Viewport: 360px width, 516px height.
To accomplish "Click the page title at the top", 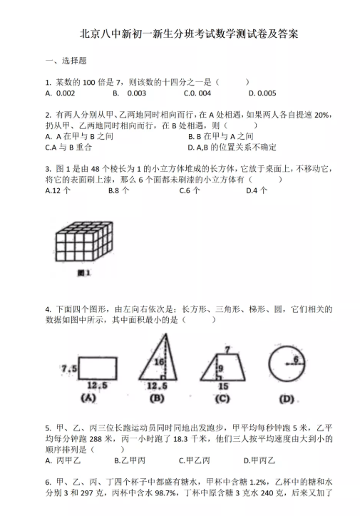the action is coord(189,34).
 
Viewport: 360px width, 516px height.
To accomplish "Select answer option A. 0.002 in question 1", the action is coord(60,93).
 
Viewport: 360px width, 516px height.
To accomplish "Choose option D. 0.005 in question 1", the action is coord(262,93).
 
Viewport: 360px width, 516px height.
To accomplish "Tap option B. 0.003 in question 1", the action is coord(129,93).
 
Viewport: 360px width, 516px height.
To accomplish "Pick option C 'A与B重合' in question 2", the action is coord(68,147).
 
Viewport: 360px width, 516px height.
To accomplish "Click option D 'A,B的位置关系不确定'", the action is coord(232,147).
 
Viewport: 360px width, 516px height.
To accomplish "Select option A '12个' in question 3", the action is coord(58,190).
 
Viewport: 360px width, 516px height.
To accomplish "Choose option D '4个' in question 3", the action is coord(257,190).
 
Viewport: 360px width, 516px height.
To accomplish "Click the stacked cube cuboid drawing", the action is coord(83,242).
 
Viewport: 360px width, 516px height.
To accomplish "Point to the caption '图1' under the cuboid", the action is coord(83,273).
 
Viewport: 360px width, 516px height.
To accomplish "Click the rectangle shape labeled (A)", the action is coord(98,368).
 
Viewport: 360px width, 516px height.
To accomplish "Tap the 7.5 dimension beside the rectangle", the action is coord(69,368).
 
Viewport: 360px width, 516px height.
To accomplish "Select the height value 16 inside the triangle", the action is coord(159,362).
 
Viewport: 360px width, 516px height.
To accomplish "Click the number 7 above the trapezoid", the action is coord(227,350).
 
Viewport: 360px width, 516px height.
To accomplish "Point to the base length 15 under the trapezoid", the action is coord(223,386).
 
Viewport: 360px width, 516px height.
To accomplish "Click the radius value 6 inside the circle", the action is coord(296,359).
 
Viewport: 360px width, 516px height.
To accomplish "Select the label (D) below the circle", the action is coord(287,400).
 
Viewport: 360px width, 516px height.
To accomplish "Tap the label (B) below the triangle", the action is coord(157,398).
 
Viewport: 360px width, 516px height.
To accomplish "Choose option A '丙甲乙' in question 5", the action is coord(63,460).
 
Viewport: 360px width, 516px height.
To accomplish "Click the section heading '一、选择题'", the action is coord(66,61).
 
